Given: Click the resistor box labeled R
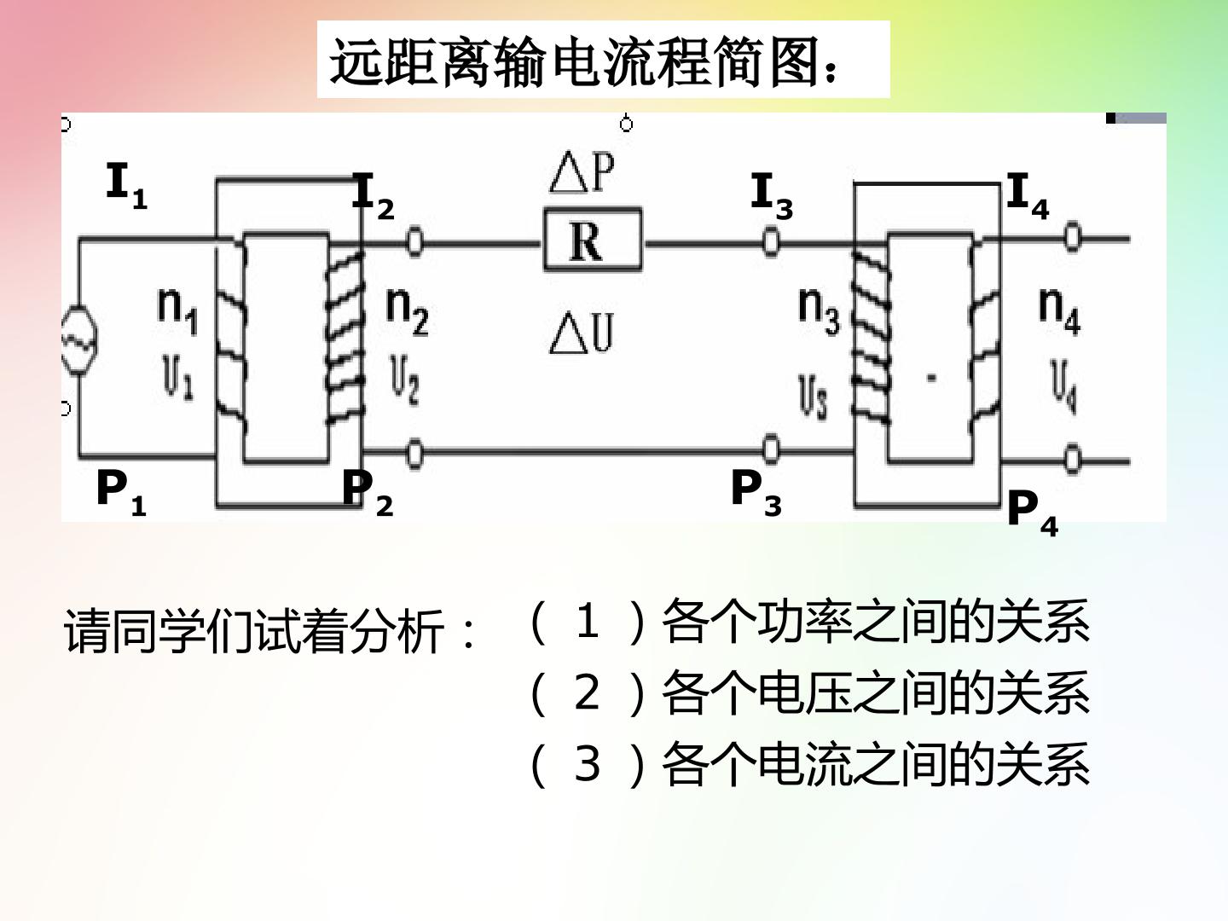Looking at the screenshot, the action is click(x=593, y=240).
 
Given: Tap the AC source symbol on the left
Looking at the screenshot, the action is click(x=79, y=339).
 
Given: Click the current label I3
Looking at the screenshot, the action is click(x=772, y=196).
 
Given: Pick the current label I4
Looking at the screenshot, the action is click(x=1028, y=196).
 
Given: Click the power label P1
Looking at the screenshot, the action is click(x=121, y=493).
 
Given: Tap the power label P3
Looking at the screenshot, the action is click(x=756, y=493).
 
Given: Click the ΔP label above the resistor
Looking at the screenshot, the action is click(x=582, y=171).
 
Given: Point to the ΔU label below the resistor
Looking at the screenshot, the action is click(x=582, y=333).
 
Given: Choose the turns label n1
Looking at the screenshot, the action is click(x=178, y=311).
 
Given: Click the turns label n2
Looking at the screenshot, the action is click(x=408, y=311).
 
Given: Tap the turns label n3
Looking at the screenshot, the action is click(x=819, y=311).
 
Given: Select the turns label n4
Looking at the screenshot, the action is click(x=1060, y=311).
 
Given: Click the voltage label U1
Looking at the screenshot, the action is click(x=178, y=378).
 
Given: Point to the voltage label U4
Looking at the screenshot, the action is click(x=1063, y=385).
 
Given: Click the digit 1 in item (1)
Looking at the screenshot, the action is click(x=588, y=621).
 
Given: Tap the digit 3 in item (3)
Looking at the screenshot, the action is click(x=587, y=764).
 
